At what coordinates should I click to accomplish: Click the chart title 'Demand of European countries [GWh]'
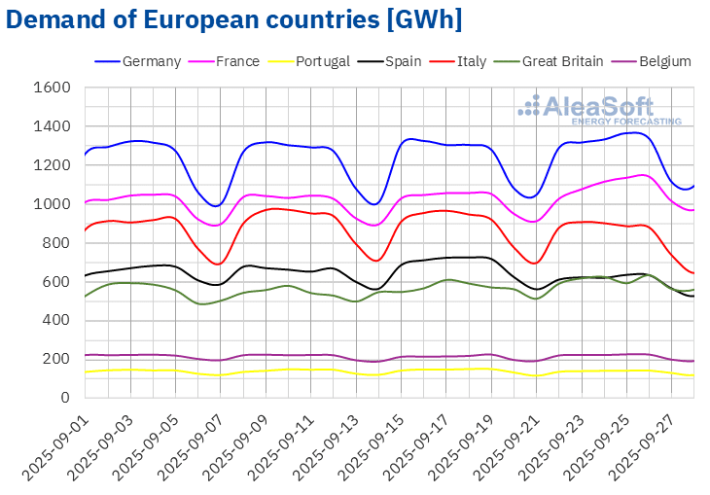(x=233, y=19)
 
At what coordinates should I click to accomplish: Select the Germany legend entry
(x=153, y=61)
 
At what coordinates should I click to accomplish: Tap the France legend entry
(x=237, y=61)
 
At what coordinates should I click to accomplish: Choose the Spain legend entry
(x=402, y=61)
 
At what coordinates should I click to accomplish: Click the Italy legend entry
(x=472, y=61)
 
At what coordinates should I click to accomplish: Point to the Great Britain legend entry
(x=563, y=61)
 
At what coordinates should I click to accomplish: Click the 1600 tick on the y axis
(x=53, y=88)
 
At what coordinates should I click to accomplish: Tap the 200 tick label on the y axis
(x=57, y=359)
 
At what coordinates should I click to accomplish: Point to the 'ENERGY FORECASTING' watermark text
(x=626, y=121)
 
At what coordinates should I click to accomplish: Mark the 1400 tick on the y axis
(x=53, y=126)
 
